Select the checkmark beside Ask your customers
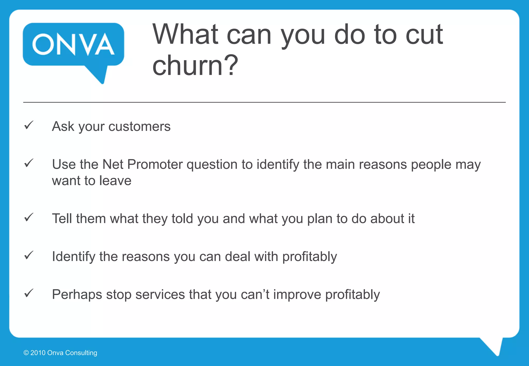[x=29, y=125]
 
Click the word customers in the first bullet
[x=139, y=127]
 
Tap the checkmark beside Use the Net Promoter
[x=29, y=163]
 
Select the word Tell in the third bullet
[x=62, y=219]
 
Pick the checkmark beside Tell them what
[x=29, y=217]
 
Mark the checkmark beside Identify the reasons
[x=29, y=255]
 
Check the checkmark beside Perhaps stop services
[x=29, y=293]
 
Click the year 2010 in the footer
[x=38, y=353]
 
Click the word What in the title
[x=185, y=35]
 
